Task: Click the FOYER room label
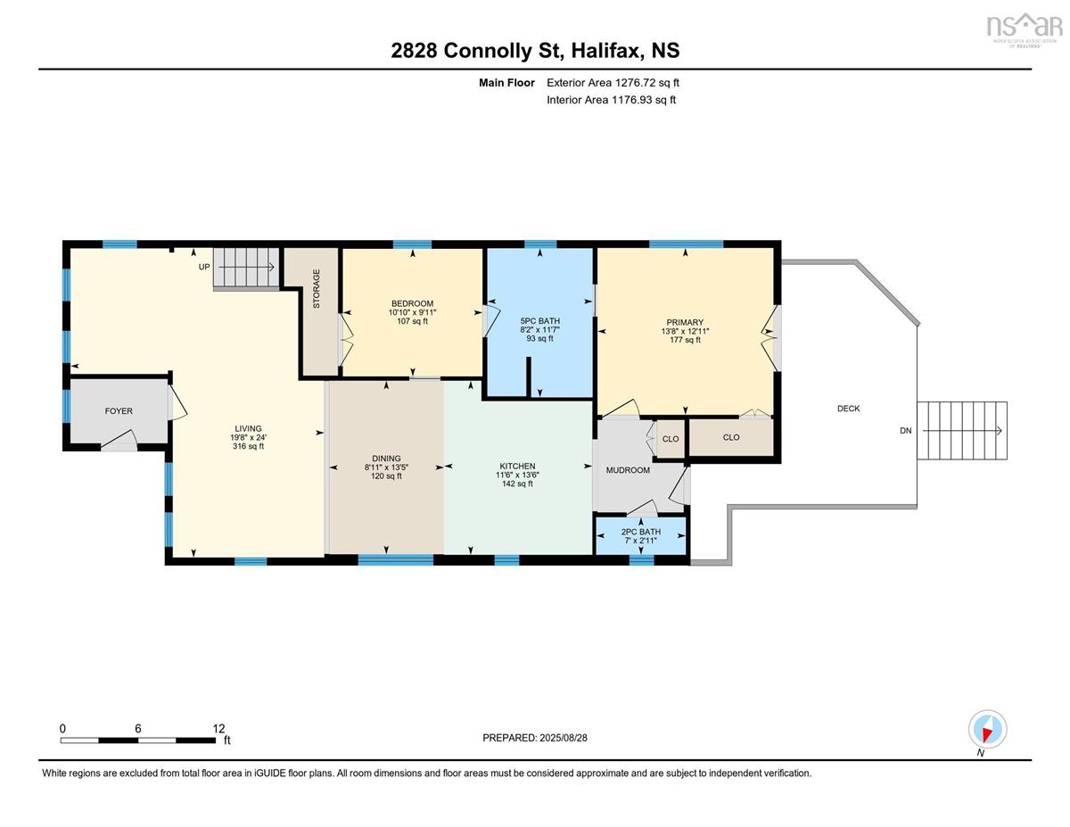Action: [119, 410]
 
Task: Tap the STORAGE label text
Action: [317, 289]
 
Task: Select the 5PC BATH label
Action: [539, 321]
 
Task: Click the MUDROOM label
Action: [628, 470]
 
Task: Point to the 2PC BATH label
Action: [640, 532]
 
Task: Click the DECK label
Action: [848, 409]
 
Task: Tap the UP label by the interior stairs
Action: [204, 267]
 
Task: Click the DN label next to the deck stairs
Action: [906, 431]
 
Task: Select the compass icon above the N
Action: [987, 730]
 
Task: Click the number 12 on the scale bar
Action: [218, 729]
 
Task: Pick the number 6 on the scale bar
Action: [138, 729]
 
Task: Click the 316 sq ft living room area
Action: [248, 446]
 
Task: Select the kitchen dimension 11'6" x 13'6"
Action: [517, 475]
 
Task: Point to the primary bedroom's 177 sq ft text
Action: [685, 340]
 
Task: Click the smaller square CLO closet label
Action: [671, 439]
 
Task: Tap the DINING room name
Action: [386, 458]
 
